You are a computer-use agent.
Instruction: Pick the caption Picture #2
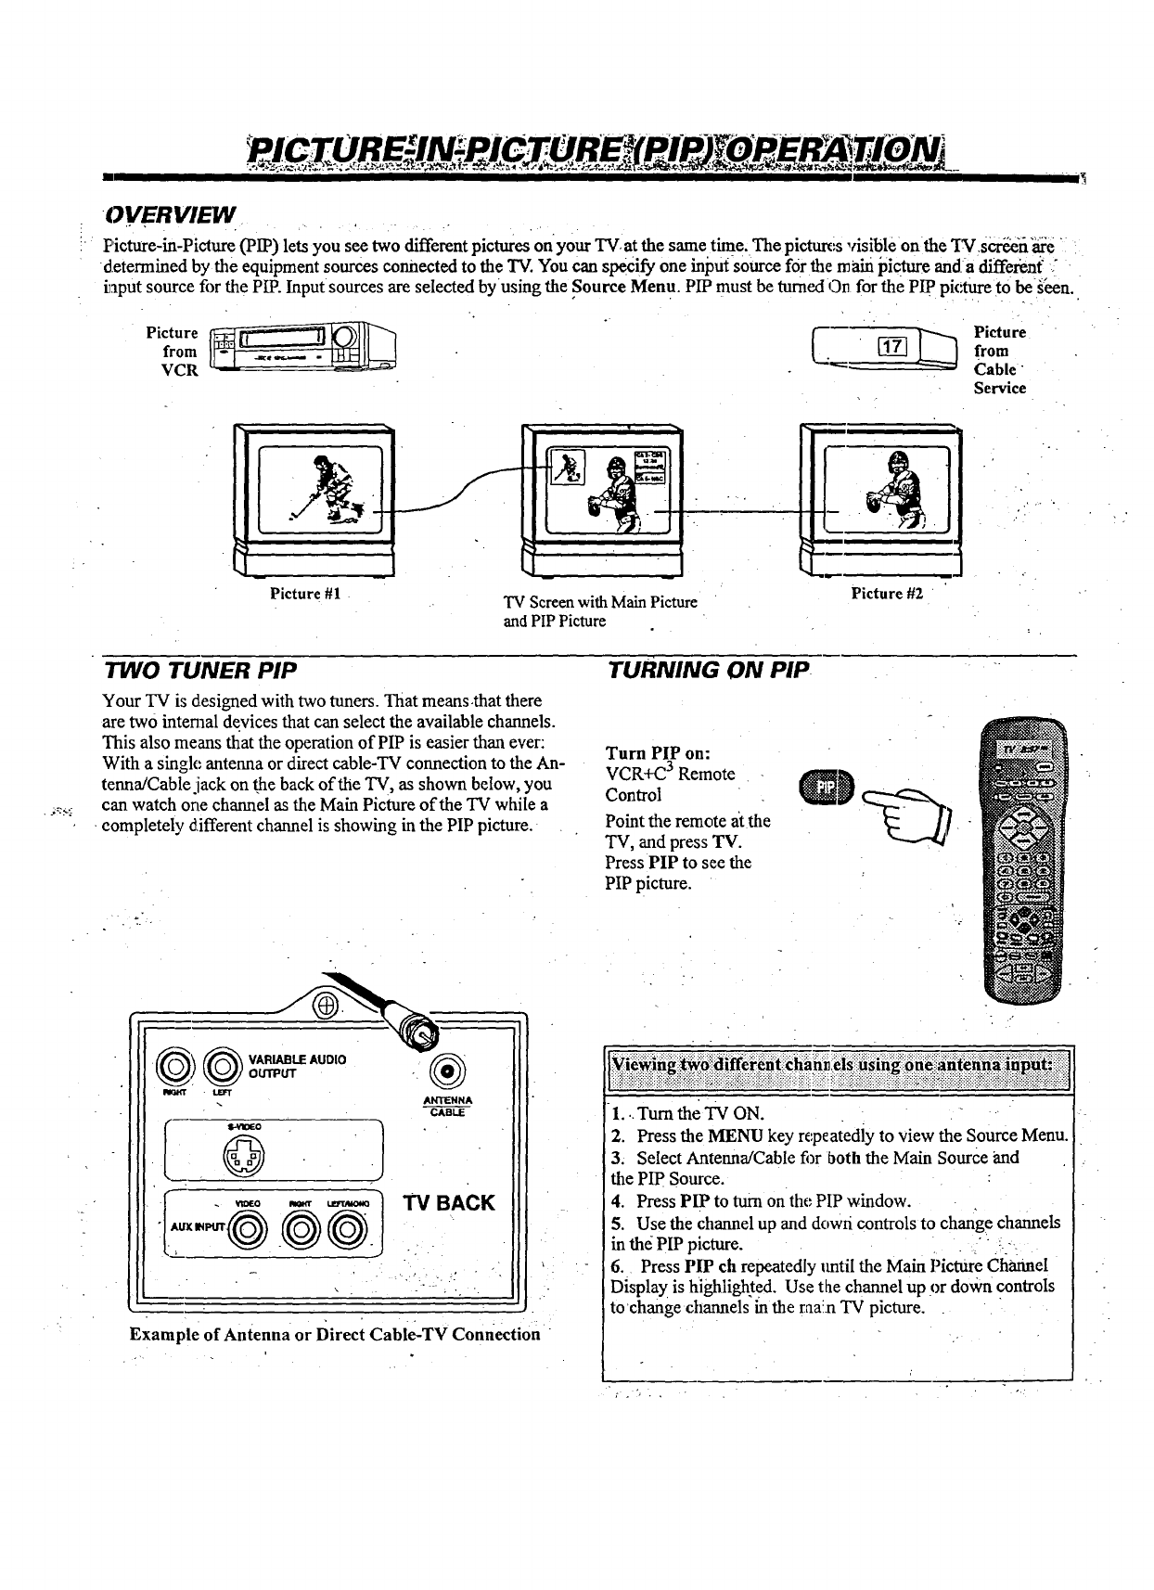click(x=887, y=593)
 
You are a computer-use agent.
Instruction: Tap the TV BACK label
click(x=450, y=1203)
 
